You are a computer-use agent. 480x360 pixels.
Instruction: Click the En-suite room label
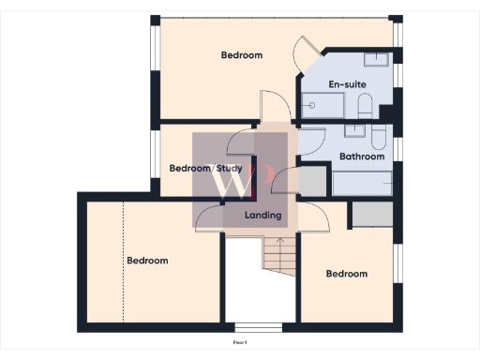coord(347,84)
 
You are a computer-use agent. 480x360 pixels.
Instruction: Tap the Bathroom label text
coord(361,157)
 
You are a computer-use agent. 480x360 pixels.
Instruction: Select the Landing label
coord(262,216)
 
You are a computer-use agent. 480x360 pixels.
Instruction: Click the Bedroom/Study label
coord(205,169)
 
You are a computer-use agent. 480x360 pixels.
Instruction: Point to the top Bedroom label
coord(242,55)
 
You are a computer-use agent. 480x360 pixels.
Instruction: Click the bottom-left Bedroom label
coord(147,261)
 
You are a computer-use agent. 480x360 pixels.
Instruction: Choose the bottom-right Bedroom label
coord(346,274)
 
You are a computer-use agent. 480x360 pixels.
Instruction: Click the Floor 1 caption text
coord(240,343)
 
